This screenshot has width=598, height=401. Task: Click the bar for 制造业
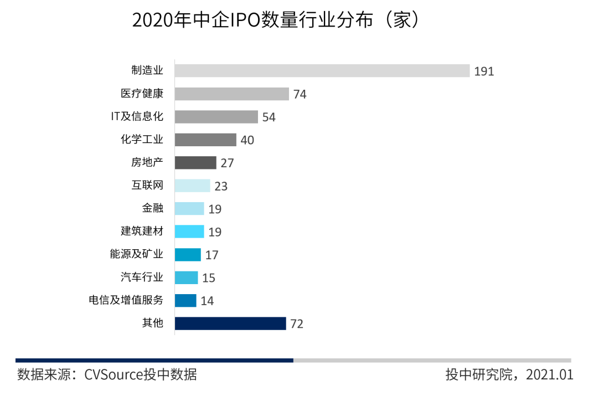coord(322,71)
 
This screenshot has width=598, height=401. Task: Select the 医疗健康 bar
coord(231,94)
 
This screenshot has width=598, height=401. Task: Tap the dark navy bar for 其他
coord(230,323)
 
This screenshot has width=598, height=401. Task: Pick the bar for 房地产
coord(195,163)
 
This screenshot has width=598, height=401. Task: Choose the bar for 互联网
coord(192,186)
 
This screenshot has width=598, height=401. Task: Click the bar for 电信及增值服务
coord(185,301)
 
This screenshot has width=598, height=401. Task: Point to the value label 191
coord(484,71)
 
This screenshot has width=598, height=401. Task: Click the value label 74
coord(300,95)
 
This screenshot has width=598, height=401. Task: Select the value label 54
coord(269,117)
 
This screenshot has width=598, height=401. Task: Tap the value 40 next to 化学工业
coord(247,141)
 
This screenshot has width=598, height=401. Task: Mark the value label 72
coord(297,324)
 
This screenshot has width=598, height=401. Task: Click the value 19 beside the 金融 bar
coord(214,209)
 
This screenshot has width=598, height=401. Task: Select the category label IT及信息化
coord(137,117)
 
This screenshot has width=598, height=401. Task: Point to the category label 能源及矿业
coord(137,254)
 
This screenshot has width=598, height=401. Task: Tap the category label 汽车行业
coord(142,277)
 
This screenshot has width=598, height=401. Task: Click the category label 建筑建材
coord(142,231)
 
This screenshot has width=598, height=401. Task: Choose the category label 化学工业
coord(142,140)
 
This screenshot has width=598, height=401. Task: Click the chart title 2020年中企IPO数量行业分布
coord(275,20)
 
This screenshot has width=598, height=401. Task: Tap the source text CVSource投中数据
coord(140,375)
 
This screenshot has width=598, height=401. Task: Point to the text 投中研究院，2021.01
coord(509,375)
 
